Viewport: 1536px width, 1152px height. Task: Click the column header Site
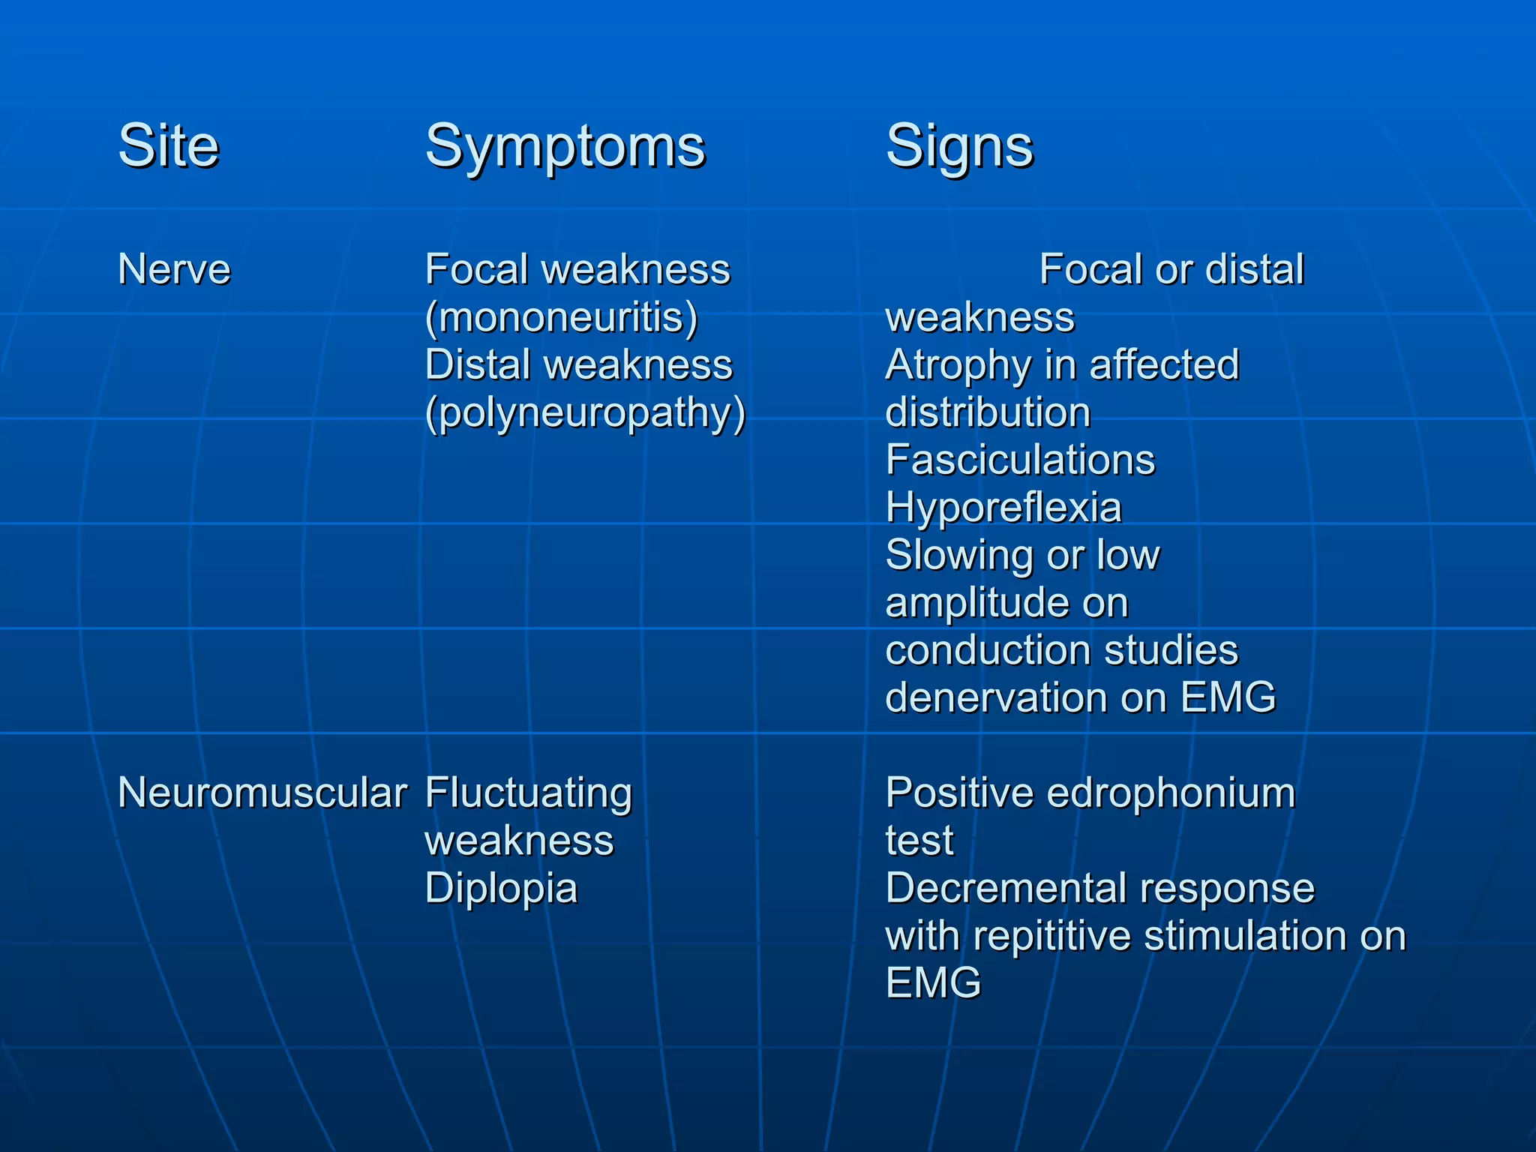(169, 145)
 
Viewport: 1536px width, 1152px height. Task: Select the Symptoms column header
(565, 147)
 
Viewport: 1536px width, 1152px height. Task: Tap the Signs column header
(959, 147)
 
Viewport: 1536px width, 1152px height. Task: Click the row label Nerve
(174, 269)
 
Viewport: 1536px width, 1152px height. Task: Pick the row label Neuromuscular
(262, 793)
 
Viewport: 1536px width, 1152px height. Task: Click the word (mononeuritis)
(562, 317)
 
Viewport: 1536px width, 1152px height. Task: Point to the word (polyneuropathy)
(585, 413)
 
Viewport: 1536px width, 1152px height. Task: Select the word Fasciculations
(1020, 460)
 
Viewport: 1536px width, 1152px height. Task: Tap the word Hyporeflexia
(1003, 508)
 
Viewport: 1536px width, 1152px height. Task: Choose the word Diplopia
(501, 889)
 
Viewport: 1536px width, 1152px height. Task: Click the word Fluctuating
(529, 793)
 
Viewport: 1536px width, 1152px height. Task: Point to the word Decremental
(1006, 889)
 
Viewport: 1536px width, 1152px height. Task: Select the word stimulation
(1245, 936)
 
